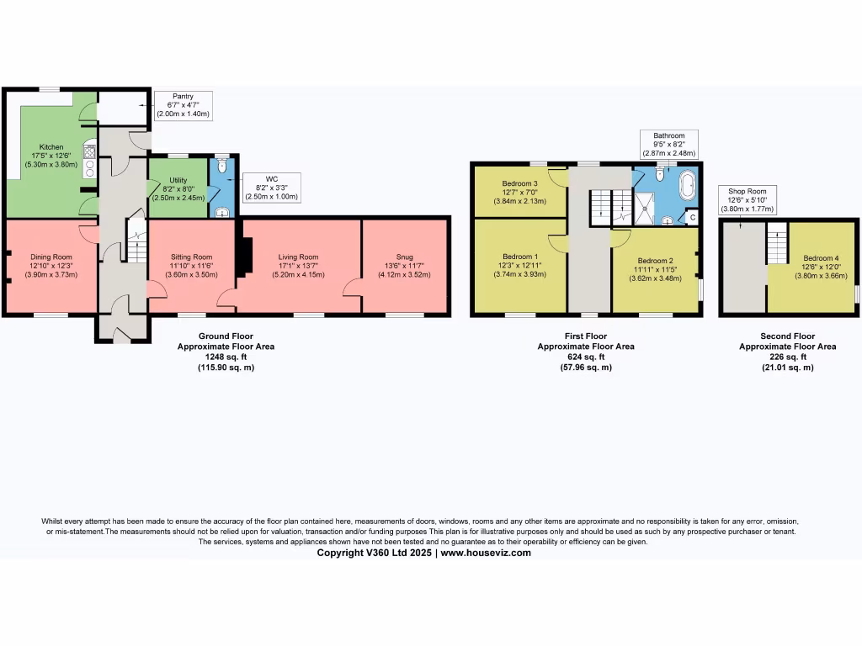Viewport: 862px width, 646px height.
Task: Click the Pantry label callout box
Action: click(x=184, y=105)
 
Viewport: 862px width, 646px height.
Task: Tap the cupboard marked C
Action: click(x=692, y=217)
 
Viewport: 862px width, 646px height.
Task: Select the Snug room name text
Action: click(x=405, y=257)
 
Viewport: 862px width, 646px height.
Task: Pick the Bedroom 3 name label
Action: click(x=520, y=183)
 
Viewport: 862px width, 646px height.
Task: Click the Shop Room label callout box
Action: click(x=747, y=199)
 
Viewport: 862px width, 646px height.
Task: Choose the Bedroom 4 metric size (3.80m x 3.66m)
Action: click(x=819, y=275)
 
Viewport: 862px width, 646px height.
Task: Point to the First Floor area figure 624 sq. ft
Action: click(x=586, y=356)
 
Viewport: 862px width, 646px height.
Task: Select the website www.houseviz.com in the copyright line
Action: click(x=486, y=553)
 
